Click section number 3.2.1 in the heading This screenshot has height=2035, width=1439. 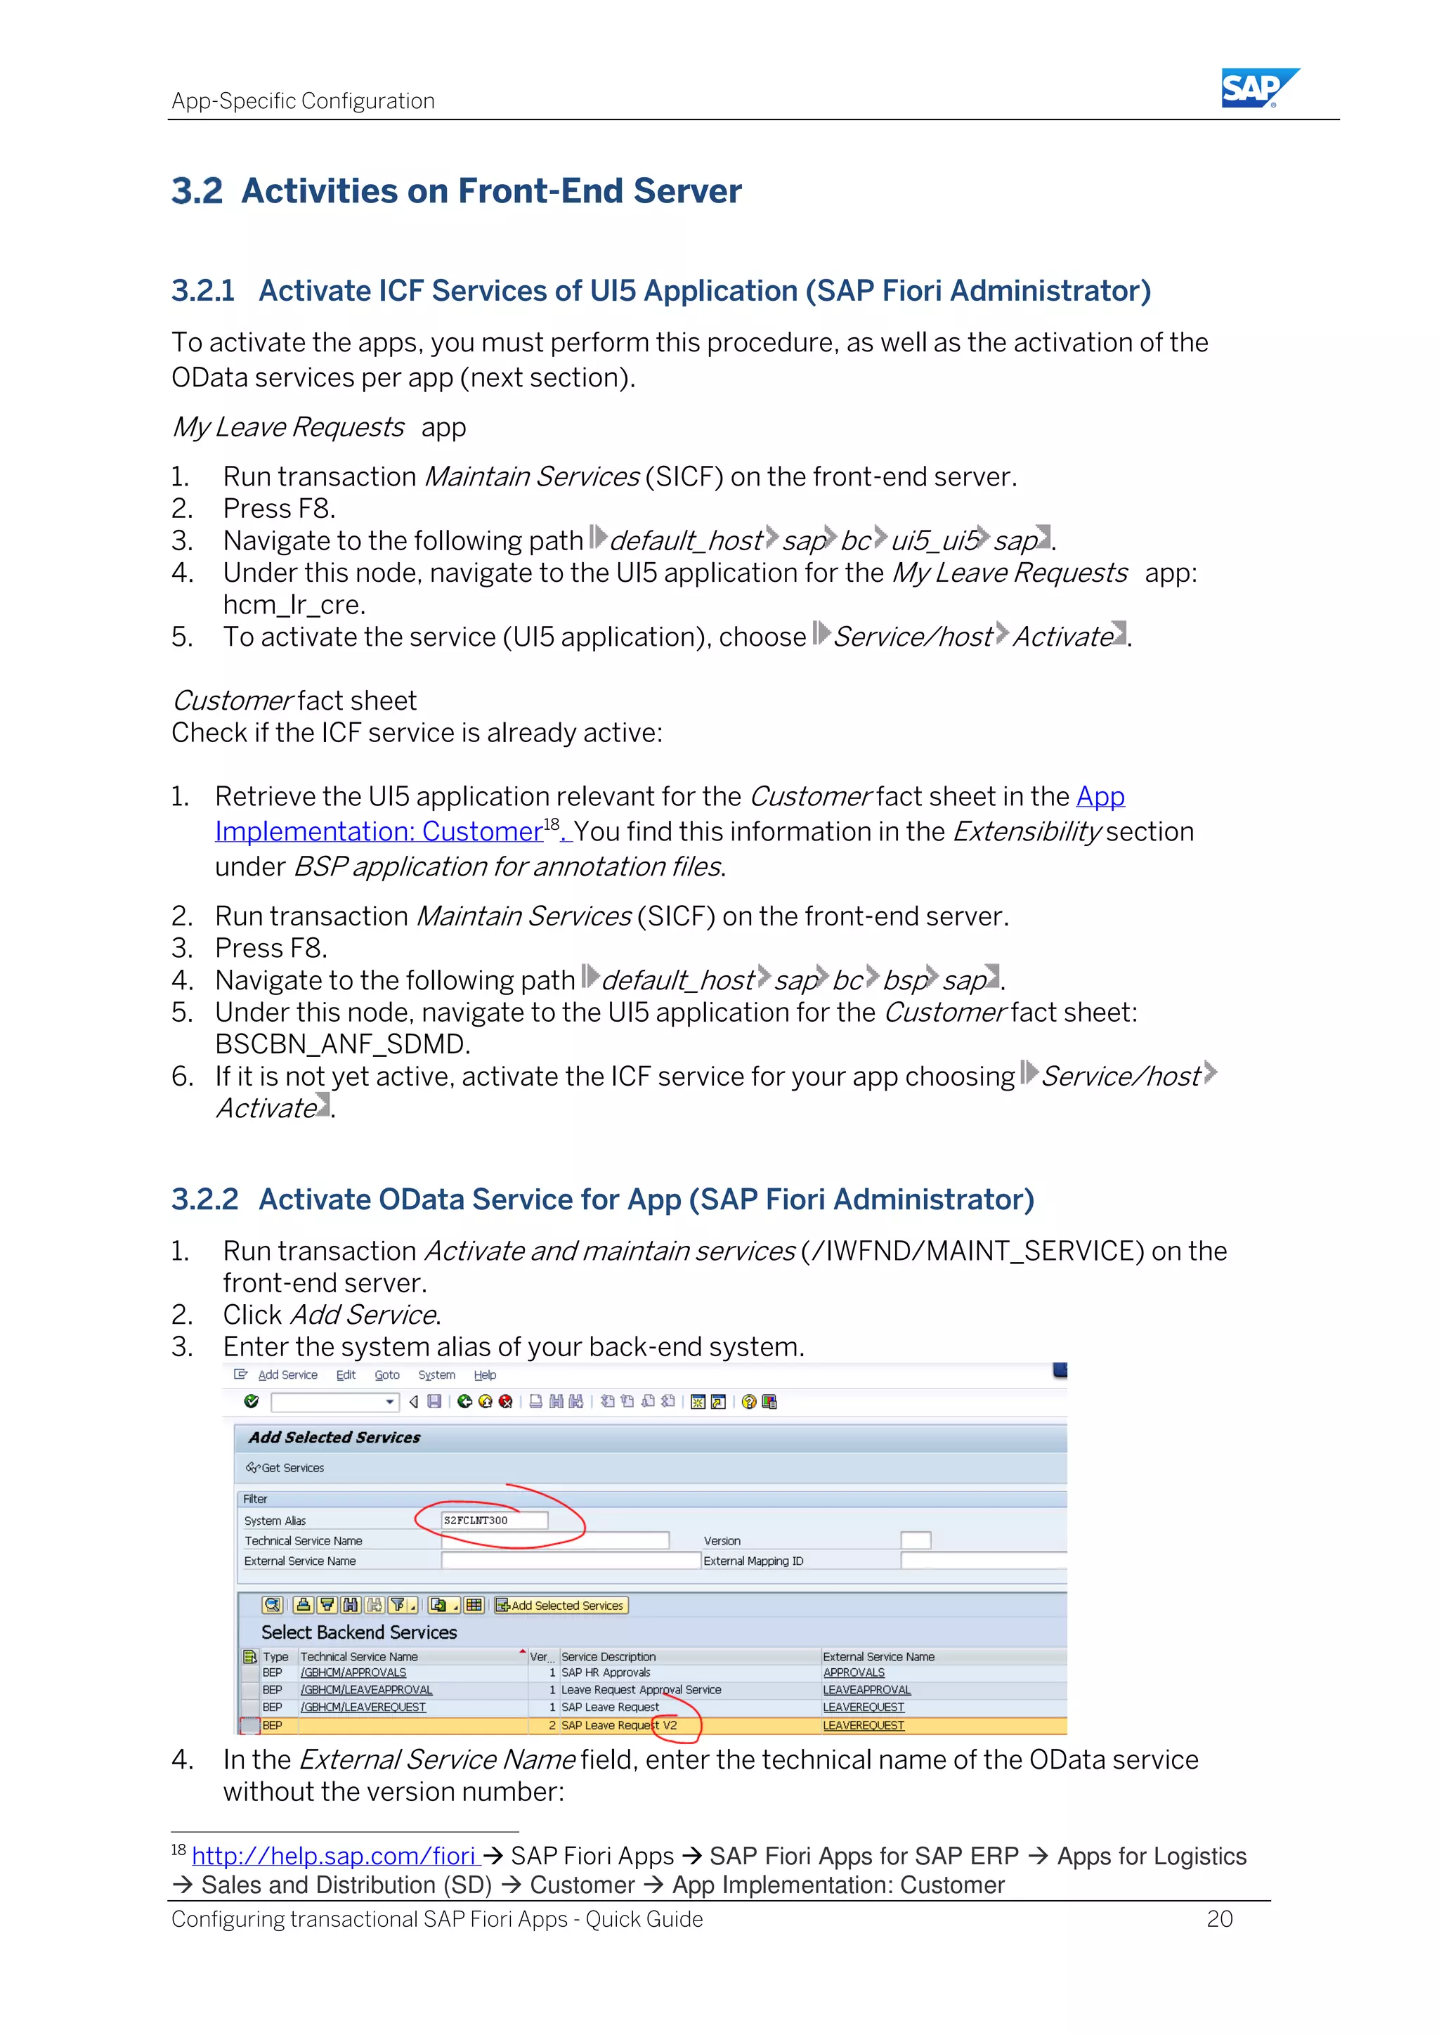point(203,291)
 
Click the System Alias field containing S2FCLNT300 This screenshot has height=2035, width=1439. point(493,1520)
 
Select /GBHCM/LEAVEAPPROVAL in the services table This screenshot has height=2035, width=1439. point(366,1690)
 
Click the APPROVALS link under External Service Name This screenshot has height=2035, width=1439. point(853,1672)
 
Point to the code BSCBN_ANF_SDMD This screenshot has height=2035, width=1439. point(342,1044)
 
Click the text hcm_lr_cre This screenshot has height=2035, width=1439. point(293,604)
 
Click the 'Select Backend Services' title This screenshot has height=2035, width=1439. point(359,1632)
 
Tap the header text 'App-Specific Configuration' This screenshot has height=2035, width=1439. point(303,101)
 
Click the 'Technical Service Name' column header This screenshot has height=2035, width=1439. point(359,1656)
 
